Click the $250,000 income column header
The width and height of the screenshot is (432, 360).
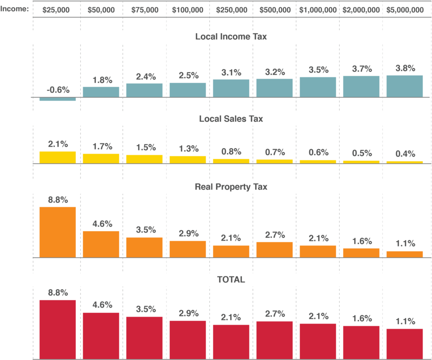pos(231,9)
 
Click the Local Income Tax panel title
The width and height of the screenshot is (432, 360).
pos(231,36)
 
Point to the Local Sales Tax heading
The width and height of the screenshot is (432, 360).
pos(231,118)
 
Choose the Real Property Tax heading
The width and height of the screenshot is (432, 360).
pos(231,187)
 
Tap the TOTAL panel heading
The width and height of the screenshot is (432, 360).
pos(231,279)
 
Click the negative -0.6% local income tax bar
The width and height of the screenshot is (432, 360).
pos(58,99)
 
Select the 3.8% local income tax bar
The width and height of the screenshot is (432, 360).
pos(405,86)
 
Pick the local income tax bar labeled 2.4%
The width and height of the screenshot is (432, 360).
pos(144,90)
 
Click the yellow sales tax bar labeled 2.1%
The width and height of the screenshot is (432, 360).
pos(58,157)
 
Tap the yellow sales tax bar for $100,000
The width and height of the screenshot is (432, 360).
pos(188,159)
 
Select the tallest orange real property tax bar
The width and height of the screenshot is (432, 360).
pos(58,232)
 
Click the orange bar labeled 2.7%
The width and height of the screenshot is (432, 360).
pos(274,249)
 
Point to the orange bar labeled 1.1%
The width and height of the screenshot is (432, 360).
pos(405,254)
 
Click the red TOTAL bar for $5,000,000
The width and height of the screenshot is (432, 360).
pos(405,343)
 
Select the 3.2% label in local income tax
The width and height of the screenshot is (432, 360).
pos(275,72)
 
